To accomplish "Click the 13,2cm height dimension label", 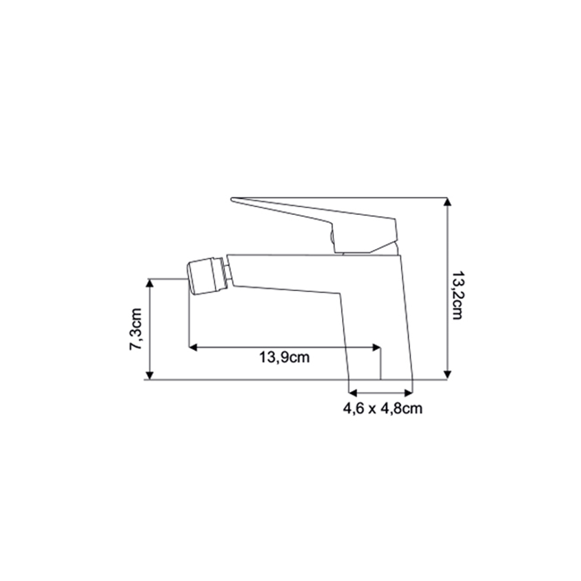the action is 457,295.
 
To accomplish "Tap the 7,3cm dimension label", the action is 136,329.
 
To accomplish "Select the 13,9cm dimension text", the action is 284,358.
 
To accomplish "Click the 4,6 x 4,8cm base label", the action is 382,409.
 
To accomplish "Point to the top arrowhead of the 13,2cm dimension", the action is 447,202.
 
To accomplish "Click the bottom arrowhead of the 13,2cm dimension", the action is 447,375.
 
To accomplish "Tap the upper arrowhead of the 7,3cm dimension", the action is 149,283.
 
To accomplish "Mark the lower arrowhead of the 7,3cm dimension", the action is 149,375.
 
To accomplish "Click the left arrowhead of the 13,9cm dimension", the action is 194,347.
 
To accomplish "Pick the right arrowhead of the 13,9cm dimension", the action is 376,347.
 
